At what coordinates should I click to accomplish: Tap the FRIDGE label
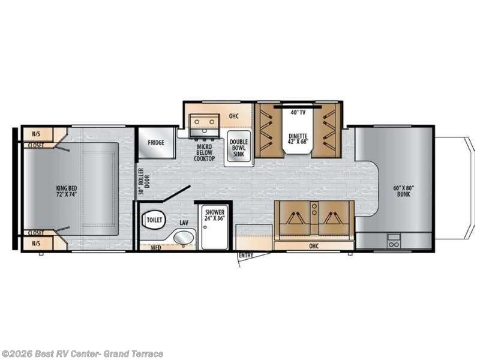[156, 143]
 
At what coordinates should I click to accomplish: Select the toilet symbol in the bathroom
[154, 220]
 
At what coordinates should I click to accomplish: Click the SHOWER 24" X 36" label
[214, 215]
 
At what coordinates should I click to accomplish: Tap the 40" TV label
[293, 112]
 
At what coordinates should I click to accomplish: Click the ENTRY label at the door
[245, 256]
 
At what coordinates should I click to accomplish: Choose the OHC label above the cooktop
[234, 116]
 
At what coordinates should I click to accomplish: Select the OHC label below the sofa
[314, 245]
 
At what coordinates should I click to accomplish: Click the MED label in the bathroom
[155, 247]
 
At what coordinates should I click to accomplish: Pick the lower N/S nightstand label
[36, 244]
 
